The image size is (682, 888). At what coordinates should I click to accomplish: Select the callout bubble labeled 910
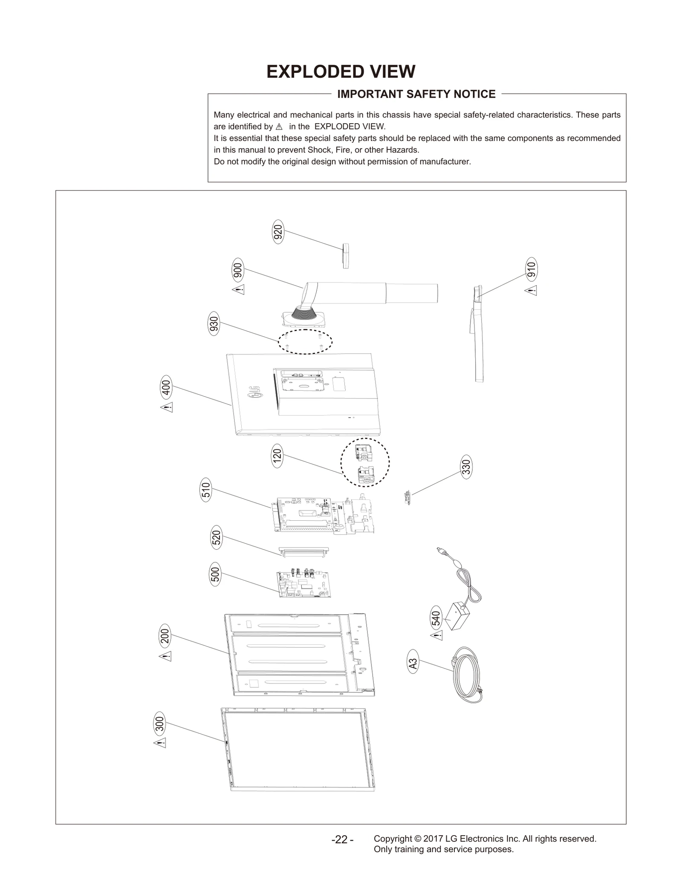[x=531, y=269]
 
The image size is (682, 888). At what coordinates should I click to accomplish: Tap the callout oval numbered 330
[x=466, y=467]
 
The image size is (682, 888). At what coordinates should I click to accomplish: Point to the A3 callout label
[x=413, y=664]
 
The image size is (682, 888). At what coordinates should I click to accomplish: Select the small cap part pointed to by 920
[x=346, y=256]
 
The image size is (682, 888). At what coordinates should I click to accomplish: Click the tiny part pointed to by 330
[x=407, y=497]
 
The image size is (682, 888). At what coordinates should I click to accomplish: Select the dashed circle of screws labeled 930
[x=305, y=342]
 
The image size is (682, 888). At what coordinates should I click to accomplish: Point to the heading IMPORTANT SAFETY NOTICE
[x=416, y=94]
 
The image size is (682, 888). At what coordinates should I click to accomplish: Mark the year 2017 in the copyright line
[x=433, y=839]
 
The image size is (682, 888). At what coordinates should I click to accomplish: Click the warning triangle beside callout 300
[x=160, y=743]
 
